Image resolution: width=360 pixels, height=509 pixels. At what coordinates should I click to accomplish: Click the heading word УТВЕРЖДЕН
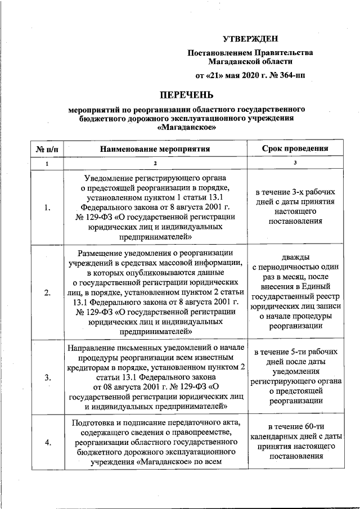point(251,38)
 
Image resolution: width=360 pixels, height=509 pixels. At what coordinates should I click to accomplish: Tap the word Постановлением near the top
point(220,53)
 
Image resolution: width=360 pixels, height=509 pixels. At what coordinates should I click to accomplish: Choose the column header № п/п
point(47,148)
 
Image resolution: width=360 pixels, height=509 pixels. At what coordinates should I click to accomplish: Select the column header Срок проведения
point(295,148)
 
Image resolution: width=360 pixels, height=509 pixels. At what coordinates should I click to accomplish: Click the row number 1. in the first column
point(47,208)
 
